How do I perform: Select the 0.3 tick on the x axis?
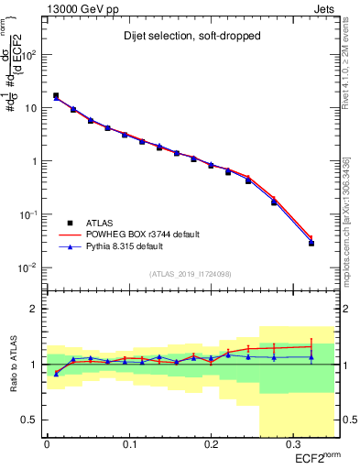coord(293,445)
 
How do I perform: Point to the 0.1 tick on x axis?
coord(128,445)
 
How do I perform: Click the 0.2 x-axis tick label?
coord(211,445)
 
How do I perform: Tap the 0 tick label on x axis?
coord(47,445)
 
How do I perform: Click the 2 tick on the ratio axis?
coord(37,309)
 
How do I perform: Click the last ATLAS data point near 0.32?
coord(311,243)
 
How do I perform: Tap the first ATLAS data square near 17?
coord(56,95)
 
